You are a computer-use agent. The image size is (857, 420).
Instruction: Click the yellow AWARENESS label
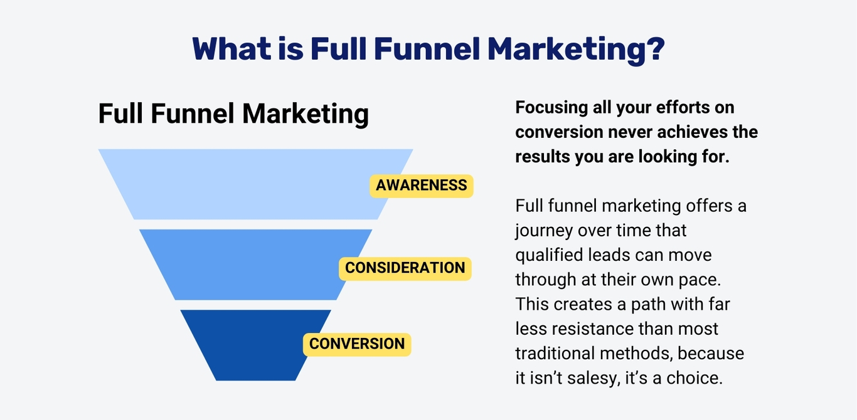click(x=421, y=186)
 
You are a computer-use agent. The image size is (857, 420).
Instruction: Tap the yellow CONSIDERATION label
click(x=405, y=268)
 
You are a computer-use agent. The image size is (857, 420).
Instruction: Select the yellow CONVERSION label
click(x=357, y=344)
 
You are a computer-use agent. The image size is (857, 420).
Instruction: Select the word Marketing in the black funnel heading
click(x=306, y=114)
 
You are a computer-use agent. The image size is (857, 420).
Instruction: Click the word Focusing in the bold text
click(x=551, y=108)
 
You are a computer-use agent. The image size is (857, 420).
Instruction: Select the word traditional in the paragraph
click(x=555, y=354)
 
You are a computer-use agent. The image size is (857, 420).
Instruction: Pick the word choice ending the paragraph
click(x=694, y=379)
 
